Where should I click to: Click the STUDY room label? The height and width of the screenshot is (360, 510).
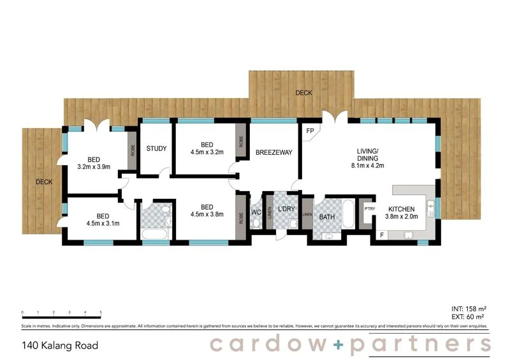tap(156, 148)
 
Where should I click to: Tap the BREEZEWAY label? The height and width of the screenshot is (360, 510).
tap(273, 153)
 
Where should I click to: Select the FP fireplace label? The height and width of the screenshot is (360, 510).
tap(310, 131)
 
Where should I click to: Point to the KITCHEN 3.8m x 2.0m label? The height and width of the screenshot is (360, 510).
tap(402, 213)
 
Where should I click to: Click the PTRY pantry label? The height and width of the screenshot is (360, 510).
tap(368, 209)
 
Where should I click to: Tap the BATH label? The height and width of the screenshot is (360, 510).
tap(327, 217)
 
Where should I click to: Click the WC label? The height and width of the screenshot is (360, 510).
tap(256, 212)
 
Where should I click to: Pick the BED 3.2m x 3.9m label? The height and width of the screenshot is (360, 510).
tap(94, 163)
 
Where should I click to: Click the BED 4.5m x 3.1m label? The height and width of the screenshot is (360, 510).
tap(94, 219)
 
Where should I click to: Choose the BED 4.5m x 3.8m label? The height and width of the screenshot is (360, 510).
tap(207, 211)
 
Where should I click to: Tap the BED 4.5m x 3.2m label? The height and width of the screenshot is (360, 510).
tap(207, 148)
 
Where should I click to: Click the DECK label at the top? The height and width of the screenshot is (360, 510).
tap(304, 93)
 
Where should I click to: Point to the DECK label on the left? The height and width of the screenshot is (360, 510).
tap(43, 182)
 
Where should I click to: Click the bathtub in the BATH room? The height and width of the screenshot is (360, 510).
tap(349, 215)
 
